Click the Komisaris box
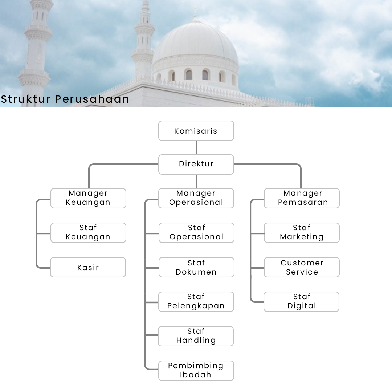click(196, 131)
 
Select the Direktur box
click(196, 164)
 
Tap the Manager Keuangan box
click(88, 198)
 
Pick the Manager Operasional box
click(196, 198)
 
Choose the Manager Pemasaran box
click(302, 198)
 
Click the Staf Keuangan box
click(88, 233)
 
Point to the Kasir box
click(88, 267)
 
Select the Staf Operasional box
click(196, 233)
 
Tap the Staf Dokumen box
click(196, 267)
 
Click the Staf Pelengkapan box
click(196, 302)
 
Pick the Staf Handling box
click(196, 336)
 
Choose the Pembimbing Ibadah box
click(196, 371)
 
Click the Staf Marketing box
click(302, 233)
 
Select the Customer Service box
click(302, 267)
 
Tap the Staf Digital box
click(301, 302)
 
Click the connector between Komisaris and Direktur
click(196, 147)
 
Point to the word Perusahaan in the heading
click(92, 99)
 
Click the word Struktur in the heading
click(25, 99)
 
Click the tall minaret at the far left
click(37, 44)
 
